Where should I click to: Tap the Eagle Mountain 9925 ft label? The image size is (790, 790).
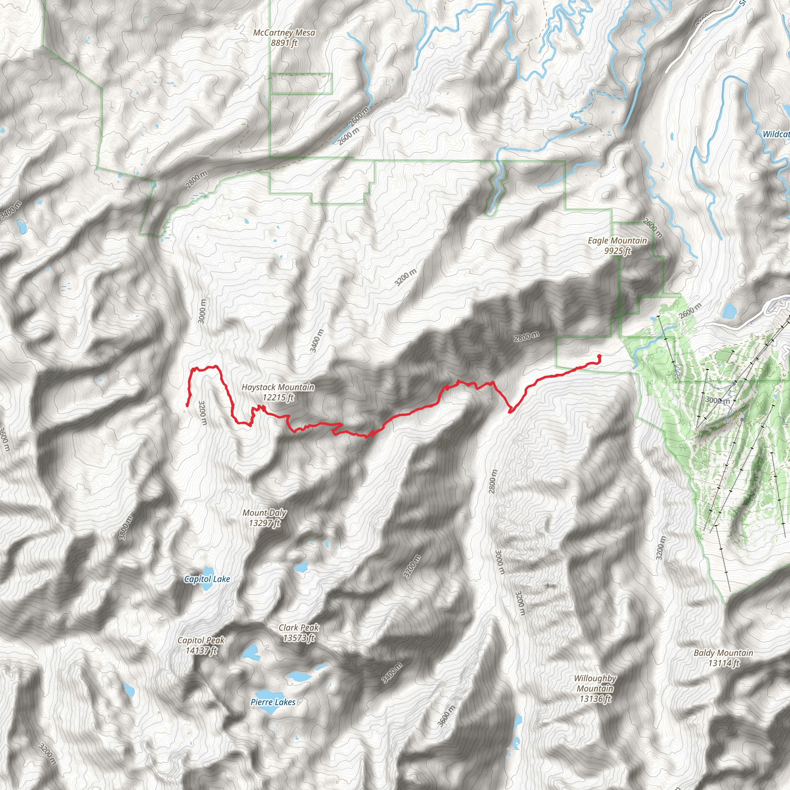click(x=618, y=245)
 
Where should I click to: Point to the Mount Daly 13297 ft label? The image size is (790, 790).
click(x=265, y=517)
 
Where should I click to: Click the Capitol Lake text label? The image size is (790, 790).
click(x=207, y=579)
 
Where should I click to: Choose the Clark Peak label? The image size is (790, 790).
click(x=299, y=632)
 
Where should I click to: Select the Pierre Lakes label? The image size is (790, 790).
click(x=273, y=702)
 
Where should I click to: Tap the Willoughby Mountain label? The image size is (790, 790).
click(x=595, y=689)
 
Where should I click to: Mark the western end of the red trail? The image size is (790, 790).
click(x=187, y=405)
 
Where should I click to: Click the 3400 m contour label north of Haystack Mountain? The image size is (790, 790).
click(x=317, y=341)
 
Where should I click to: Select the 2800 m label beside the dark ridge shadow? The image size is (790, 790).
click(x=527, y=336)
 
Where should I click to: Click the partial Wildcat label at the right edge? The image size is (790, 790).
click(x=776, y=134)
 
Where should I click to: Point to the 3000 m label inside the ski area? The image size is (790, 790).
click(x=717, y=400)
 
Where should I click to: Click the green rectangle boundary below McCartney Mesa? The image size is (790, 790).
click(x=301, y=84)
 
